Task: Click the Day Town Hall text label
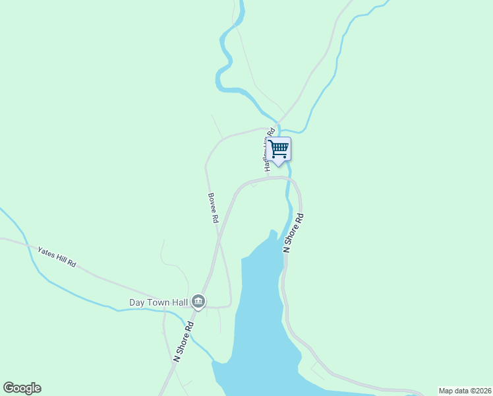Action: (158, 303)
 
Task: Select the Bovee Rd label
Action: (213, 208)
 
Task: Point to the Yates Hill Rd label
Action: (57, 257)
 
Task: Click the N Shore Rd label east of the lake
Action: (293, 232)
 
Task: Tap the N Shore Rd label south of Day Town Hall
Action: (184, 341)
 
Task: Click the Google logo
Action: (22, 388)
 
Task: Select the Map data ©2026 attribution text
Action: (464, 391)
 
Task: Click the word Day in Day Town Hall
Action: (136, 303)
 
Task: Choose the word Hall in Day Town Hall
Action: (179, 303)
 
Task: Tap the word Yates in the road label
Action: (45, 252)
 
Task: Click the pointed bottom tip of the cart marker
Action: (279, 164)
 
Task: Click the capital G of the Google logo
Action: (9, 388)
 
